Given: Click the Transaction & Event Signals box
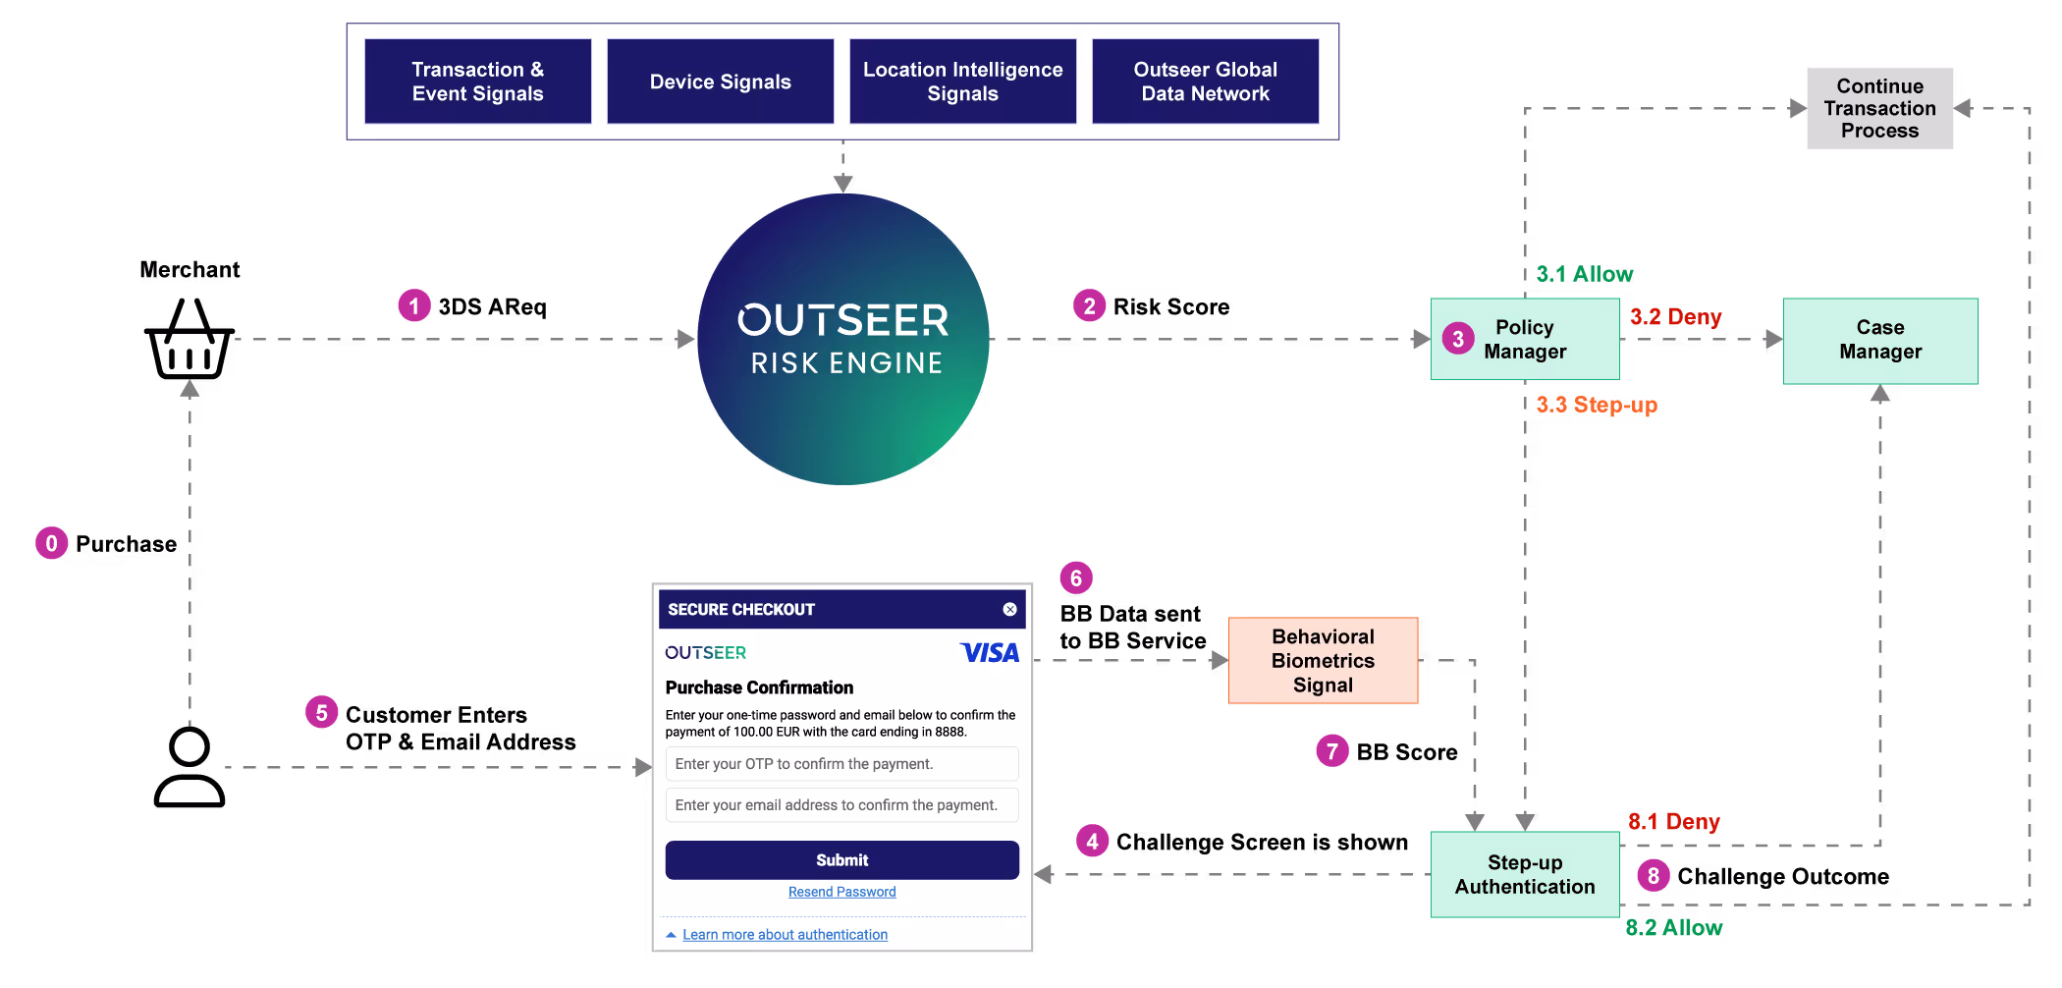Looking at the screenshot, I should tap(477, 82).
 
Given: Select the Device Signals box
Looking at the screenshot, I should tap(720, 82).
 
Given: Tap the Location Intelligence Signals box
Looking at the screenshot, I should tap(962, 82).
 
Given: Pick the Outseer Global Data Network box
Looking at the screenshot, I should tap(1205, 82).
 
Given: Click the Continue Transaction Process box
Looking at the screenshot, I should tap(1879, 108).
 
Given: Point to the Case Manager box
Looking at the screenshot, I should tap(1879, 340).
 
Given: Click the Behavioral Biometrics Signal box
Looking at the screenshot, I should tap(1323, 660).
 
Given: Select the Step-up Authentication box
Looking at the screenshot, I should tap(1524, 874).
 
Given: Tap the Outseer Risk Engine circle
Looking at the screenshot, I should tap(842, 339).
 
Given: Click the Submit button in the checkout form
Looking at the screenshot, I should tap(841, 859).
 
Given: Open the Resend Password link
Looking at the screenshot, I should tap(841, 892).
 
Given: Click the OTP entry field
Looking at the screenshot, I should tap(841, 763).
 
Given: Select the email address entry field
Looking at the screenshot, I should tap(841, 804).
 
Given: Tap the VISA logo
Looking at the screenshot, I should tap(989, 652).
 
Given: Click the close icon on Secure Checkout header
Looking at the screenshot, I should tap(1009, 609).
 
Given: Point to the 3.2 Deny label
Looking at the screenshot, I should tap(1675, 317).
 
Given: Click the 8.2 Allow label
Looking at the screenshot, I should tap(1673, 927).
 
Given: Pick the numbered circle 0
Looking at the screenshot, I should tap(52, 543).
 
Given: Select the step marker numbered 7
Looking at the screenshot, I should tap(1331, 751).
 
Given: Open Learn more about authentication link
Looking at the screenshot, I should tap(785, 934).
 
